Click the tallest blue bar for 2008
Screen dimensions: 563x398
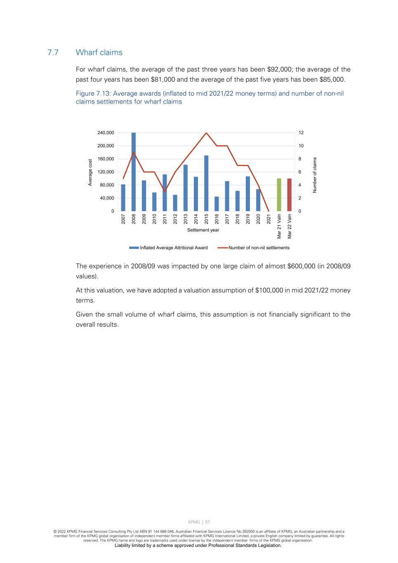click(x=134, y=172)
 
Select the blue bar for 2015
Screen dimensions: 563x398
click(x=206, y=184)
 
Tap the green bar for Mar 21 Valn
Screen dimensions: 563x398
click(x=279, y=195)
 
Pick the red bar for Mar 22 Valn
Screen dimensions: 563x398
click(x=290, y=195)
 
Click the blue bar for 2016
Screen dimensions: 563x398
click(x=217, y=204)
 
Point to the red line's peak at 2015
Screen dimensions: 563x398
click(x=206, y=133)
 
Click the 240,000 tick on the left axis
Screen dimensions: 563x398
click(x=106, y=133)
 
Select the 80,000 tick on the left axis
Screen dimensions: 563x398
click(x=107, y=185)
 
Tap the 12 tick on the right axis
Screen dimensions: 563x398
click(x=301, y=133)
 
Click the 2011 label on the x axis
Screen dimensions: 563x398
click(x=165, y=219)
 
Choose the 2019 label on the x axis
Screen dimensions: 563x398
click(x=248, y=219)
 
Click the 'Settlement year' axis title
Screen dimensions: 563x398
click(x=203, y=230)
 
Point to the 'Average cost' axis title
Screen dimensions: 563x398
click(x=90, y=172)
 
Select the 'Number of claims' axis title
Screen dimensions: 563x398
click(x=315, y=174)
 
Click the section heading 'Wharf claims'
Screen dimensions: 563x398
click(x=99, y=52)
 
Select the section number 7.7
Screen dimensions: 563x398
click(x=53, y=52)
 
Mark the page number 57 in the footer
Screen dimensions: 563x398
click(x=207, y=522)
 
